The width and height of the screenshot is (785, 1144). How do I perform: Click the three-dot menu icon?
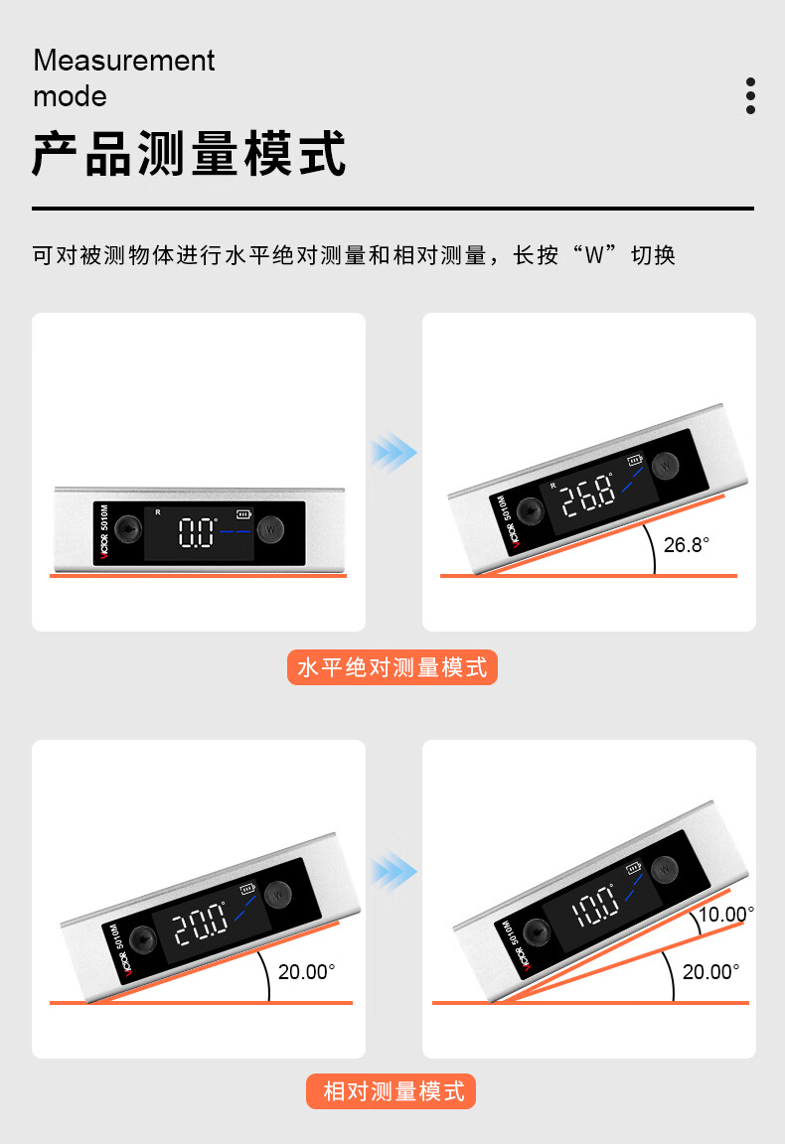(750, 95)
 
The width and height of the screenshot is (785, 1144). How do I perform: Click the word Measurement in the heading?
(124, 61)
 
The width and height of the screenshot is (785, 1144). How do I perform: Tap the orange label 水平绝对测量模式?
(392, 667)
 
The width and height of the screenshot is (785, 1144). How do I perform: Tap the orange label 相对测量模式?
(392, 1090)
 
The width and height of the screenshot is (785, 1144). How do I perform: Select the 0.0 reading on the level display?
(198, 532)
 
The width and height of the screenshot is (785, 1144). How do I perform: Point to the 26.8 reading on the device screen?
(588, 495)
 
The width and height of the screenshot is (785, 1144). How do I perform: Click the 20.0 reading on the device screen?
(200, 923)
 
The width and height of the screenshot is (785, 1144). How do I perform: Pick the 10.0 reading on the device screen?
(595, 906)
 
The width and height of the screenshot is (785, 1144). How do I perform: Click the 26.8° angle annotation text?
(687, 545)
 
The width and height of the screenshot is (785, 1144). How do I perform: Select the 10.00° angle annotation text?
(725, 915)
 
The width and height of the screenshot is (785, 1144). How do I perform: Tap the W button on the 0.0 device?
(271, 529)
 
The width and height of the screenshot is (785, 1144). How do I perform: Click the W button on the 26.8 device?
(665, 466)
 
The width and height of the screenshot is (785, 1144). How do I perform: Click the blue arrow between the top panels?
(393, 453)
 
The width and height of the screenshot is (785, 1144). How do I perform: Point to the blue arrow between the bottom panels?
(393, 872)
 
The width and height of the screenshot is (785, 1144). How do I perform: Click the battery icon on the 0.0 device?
(243, 514)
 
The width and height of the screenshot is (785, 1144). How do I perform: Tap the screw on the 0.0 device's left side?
(128, 529)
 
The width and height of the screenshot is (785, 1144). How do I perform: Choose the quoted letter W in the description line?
(594, 255)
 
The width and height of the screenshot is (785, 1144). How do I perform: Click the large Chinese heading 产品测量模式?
(189, 154)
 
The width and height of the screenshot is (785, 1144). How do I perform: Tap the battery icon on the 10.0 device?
(634, 868)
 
